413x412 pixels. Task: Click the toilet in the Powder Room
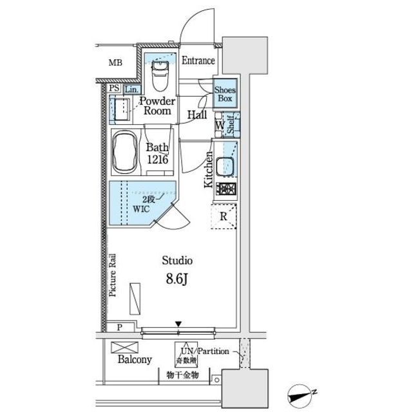[x=160, y=76]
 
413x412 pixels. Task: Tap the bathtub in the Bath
[x=125, y=152]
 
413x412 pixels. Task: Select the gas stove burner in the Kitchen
[x=226, y=189]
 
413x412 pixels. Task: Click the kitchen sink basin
[x=226, y=167]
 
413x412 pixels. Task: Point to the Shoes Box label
[x=225, y=94]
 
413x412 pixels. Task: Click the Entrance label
[x=198, y=61]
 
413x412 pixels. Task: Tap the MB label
[x=115, y=63]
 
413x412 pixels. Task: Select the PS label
[x=114, y=88]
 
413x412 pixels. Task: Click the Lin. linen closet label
[x=131, y=89]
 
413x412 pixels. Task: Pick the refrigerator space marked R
[x=224, y=216]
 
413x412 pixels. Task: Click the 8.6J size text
[x=177, y=279]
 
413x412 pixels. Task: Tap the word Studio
[x=177, y=261]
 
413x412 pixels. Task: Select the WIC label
[x=141, y=209]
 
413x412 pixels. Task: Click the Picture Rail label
[x=113, y=275]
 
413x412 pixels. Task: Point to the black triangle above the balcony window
[x=178, y=324]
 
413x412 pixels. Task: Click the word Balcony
[x=135, y=359]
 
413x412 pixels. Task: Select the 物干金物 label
[x=182, y=375]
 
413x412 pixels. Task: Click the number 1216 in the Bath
[x=157, y=160]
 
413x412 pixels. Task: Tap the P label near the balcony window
[x=120, y=327]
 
